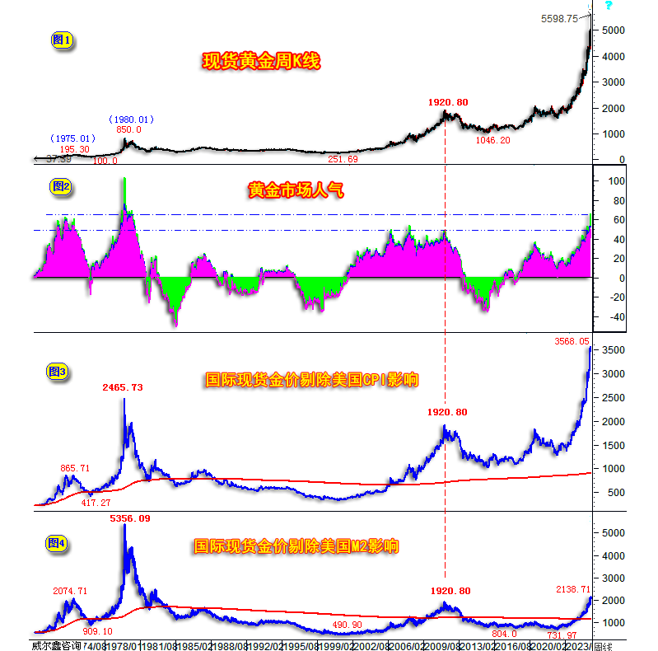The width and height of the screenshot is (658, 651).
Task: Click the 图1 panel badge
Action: click(x=62, y=39)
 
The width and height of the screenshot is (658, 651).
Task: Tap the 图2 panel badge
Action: click(x=62, y=187)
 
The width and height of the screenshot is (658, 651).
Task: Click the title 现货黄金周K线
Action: click(x=261, y=61)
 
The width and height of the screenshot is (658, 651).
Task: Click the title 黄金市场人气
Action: click(x=296, y=191)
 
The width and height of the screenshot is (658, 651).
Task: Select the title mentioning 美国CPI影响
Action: click(x=311, y=380)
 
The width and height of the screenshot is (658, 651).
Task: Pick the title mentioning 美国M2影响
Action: click(x=296, y=546)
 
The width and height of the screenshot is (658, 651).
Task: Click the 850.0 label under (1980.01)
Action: click(x=128, y=129)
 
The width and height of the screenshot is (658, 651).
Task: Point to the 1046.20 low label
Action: click(x=493, y=141)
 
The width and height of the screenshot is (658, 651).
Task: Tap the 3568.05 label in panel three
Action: click(x=572, y=340)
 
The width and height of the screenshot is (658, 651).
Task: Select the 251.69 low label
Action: click(x=343, y=159)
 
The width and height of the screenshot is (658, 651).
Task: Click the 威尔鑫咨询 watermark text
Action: click(x=56, y=644)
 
